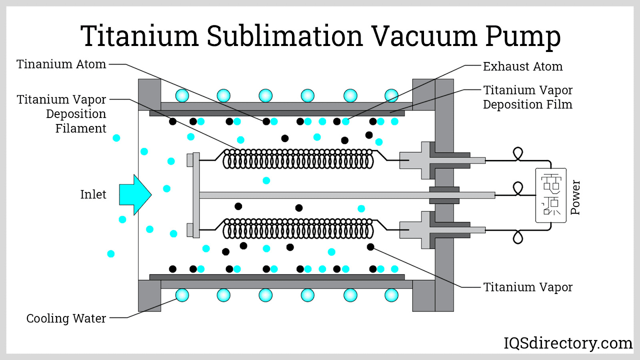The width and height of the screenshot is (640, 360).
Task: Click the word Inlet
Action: click(x=93, y=194)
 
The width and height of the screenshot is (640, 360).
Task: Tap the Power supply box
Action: click(x=551, y=195)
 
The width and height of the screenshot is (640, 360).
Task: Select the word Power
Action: click(x=575, y=197)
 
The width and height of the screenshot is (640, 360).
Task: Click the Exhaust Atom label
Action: click(x=522, y=66)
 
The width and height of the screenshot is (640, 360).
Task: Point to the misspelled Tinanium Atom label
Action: click(x=61, y=64)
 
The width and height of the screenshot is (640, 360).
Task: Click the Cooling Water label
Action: click(x=66, y=318)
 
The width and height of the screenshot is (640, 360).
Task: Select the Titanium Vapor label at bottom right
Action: click(x=528, y=287)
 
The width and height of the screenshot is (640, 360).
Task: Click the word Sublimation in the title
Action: click(x=284, y=36)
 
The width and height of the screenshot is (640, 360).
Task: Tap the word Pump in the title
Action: click(x=523, y=36)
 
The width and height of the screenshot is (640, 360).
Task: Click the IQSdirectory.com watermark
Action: click(x=568, y=343)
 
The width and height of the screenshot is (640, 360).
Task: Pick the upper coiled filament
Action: click(x=298, y=159)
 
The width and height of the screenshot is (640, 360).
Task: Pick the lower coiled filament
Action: click(x=298, y=229)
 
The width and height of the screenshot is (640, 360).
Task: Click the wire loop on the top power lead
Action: click(x=518, y=153)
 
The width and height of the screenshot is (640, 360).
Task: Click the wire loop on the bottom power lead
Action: click(x=518, y=237)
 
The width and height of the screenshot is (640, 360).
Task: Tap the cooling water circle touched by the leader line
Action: click(x=182, y=295)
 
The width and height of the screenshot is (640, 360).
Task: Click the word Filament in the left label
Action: click(x=80, y=128)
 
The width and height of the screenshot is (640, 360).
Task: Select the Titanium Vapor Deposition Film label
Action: click(x=527, y=97)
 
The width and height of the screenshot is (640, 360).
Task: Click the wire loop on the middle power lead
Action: click(x=518, y=188)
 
